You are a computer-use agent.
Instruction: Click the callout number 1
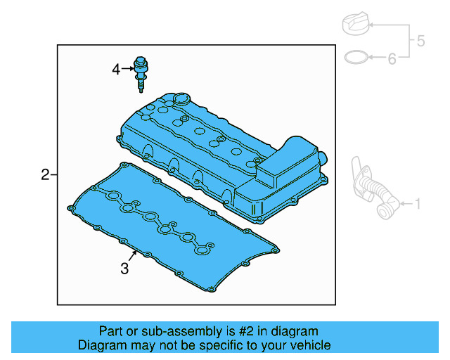[x=418, y=205]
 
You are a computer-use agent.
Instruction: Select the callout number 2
[x=45, y=174]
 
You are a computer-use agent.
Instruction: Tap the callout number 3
[x=124, y=268]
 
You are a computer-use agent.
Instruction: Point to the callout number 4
[x=116, y=69]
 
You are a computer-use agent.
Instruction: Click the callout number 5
[x=420, y=41]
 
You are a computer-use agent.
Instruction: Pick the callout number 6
[x=392, y=58]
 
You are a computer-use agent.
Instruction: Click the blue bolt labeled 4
[x=142, y=73]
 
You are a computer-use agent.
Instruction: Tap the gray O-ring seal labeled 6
[x=357, y=57]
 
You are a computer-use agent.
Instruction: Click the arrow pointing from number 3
[x=131, y=255]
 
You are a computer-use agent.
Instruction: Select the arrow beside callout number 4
[x=128, y=69]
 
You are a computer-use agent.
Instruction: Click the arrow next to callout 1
[x=403, y=205]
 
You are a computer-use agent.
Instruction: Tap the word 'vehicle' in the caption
[x=309, y=345]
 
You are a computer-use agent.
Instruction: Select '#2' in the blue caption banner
[x=249, y=331]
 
